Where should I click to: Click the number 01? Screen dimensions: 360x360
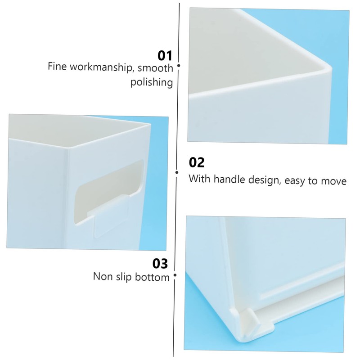tap(165, 56)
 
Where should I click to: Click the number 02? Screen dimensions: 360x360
tap(196, 162)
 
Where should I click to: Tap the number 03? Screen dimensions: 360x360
tap(161, 263)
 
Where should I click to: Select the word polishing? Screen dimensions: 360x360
tap(152, 83)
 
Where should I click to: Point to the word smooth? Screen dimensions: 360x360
tap(155, 68)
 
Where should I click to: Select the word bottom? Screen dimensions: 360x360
tap(153, 276)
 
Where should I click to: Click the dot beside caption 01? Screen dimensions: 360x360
tap(179, 66)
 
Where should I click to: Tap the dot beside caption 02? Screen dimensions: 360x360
tap(177, 171)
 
